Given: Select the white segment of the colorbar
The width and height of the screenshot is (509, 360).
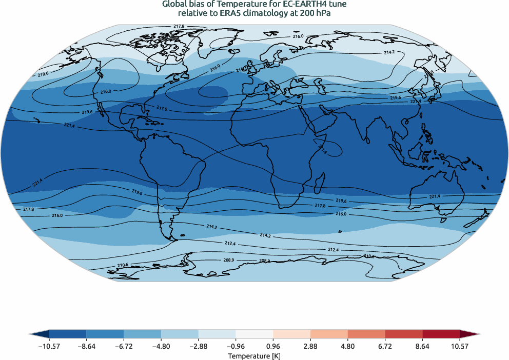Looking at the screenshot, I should click(x=254, y=334).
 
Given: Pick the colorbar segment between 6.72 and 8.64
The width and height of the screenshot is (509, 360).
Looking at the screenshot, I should click(x=403, y=334).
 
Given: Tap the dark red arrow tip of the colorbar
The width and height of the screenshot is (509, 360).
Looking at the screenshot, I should click(x=471, y=334).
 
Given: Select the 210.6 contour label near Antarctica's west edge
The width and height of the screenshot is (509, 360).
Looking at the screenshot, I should click(x=123, y=265).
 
